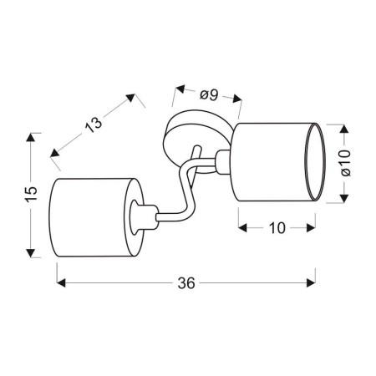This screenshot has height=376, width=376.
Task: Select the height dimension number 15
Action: [x=31, y=193]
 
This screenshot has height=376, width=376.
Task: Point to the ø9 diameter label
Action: [x=208, y=95]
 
